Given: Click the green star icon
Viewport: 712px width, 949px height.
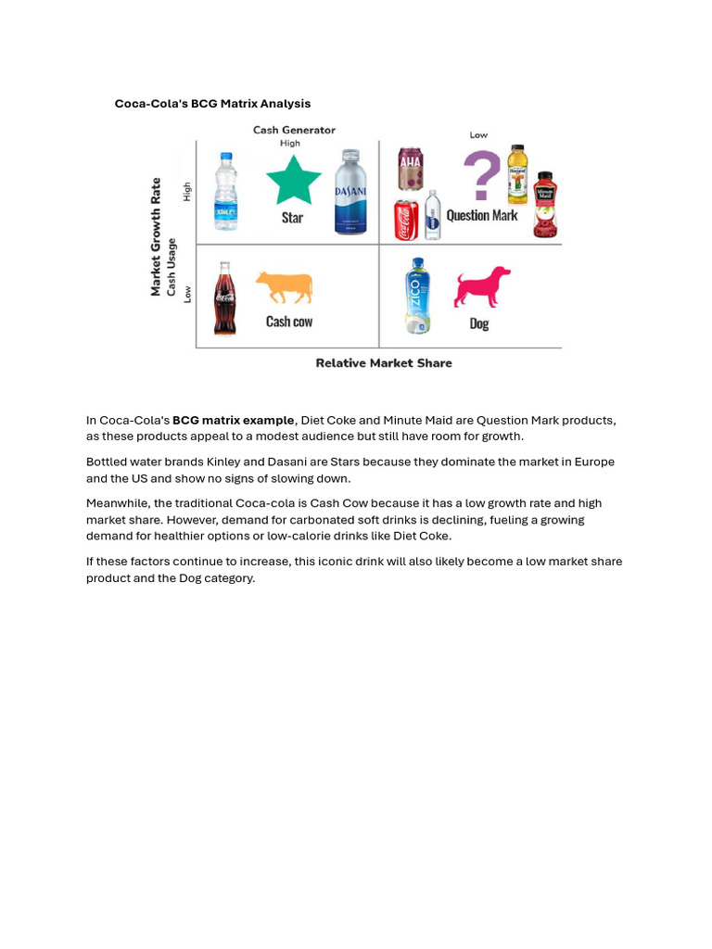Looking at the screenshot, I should [x=293, y=180].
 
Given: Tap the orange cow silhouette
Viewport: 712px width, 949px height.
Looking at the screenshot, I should [x=284, y=287].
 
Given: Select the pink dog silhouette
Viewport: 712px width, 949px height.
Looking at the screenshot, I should [x=482, y=287].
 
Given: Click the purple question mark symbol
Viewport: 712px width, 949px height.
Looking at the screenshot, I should [x=481, y=176].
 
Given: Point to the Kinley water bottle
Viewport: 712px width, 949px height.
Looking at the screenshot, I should [x=226, y=192].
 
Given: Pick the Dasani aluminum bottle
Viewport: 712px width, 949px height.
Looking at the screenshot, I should [x=350, y=192].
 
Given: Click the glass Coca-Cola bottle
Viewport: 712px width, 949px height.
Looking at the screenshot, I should [x=224, y=298].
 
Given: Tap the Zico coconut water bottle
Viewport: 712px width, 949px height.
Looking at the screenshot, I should [x=418, y=296].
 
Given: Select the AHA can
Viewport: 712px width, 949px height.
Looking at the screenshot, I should [x=410, y=169].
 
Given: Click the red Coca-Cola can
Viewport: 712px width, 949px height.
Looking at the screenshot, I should [x=406, y=221].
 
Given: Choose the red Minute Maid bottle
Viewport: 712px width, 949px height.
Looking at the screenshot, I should [x=545, y=205].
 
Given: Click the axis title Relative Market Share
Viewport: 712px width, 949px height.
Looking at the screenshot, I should [x=384, y=363].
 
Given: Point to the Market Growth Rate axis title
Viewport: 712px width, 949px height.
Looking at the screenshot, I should [x=156, y=236].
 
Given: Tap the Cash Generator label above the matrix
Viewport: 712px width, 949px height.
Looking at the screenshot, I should [x=294, y=130].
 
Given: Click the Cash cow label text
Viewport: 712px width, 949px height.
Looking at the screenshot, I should [x=289, y=322].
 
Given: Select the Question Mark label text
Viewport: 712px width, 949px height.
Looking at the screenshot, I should [x=482, y=215].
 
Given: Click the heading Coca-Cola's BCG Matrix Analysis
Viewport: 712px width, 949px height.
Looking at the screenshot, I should [x=212, y=104].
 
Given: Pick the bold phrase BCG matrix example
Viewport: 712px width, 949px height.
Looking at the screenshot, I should [x=233, y=421].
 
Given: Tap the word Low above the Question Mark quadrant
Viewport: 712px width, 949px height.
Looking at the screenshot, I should [x=478, y=135].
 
